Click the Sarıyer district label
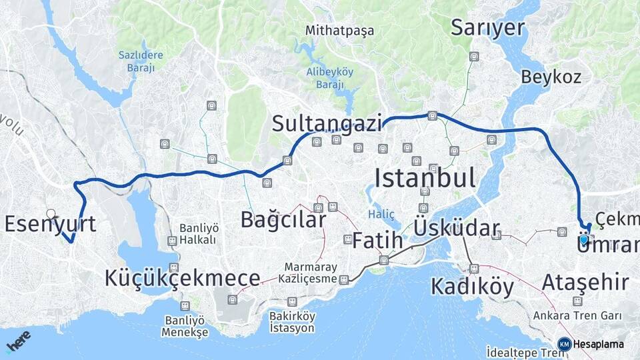487,27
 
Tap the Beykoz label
551,77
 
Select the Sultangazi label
327,123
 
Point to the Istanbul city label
425,178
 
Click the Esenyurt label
50,224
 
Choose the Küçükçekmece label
182,278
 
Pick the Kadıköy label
472,287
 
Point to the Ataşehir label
585,283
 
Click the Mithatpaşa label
339,31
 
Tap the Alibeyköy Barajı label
329,78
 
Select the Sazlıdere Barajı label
137,61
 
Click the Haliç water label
381,214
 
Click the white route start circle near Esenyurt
51,214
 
